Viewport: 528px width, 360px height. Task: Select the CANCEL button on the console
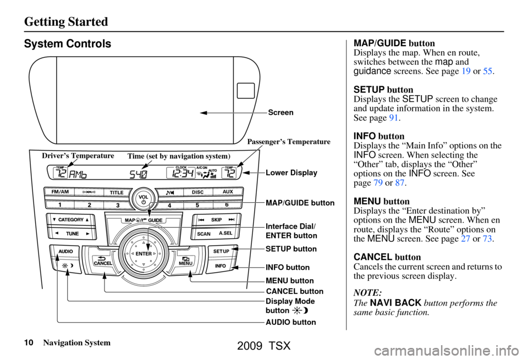[103, 261]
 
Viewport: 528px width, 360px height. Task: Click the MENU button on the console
[184, 261]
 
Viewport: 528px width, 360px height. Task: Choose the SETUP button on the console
[221, 251]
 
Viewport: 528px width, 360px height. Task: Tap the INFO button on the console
[221, 266]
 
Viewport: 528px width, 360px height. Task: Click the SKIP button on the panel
[216, 219]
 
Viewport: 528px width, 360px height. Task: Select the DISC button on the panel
[198, 192]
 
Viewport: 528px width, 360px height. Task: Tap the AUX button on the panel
[228, 192]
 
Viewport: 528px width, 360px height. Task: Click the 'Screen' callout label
[280, 112]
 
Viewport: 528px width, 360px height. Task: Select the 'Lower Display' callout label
[291, 173]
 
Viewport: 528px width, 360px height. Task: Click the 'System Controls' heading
[68, 44]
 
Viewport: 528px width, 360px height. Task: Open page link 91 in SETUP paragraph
[400, 117]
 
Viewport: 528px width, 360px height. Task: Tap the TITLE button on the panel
[117, 193]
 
